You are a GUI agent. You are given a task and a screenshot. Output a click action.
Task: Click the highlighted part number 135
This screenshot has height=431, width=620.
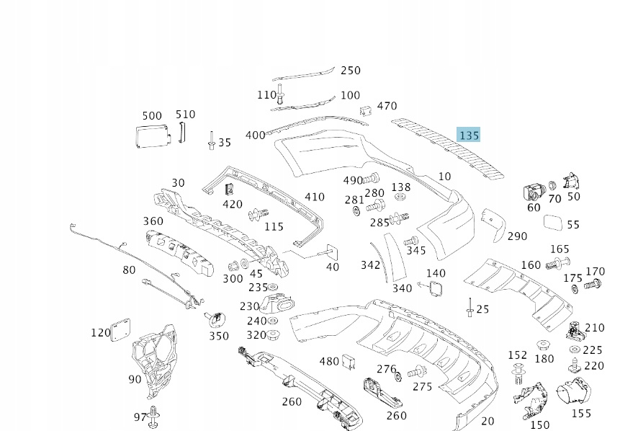[x=469, y=135]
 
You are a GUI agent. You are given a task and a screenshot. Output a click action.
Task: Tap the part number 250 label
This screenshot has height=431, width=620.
[x=350, y=71]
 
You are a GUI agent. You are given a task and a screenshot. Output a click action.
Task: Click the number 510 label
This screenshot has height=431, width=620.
[x=186, y=115]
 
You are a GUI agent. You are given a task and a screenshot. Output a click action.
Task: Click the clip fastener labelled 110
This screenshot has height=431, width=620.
[x=281, y=94]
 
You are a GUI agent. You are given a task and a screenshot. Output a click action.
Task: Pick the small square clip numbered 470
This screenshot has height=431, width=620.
[x=366, y=110]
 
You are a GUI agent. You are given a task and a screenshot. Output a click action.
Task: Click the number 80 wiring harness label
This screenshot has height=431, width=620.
[x=129, y=270]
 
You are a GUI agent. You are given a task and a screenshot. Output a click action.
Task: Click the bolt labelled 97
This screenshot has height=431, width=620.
[x=157, y=416]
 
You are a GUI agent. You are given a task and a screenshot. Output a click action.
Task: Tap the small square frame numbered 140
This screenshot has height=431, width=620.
[x=436, y=289]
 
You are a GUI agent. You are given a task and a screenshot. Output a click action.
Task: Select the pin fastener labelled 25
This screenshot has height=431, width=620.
[x=470, y=308]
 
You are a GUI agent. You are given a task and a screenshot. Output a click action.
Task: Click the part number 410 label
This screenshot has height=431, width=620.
[x=315, y=197]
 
